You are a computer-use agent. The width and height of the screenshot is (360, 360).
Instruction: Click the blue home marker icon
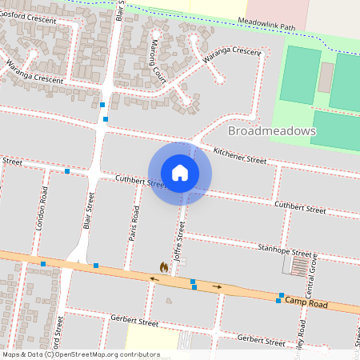(x=180, y=173)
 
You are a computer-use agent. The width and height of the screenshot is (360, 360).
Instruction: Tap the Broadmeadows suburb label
(x=271, y=130)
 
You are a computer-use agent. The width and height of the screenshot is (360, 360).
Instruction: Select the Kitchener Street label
(x=239, y=155)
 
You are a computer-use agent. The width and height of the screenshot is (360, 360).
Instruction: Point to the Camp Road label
(x=306, y=302)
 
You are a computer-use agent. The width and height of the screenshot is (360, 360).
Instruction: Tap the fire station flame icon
(x=164, y=268)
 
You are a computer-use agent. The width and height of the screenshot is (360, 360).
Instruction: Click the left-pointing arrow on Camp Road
(x=154, y=278)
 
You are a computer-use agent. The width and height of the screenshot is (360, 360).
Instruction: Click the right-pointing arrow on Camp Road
(x=217, y=286)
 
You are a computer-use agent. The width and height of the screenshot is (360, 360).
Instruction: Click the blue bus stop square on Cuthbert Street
(x=67, y=171)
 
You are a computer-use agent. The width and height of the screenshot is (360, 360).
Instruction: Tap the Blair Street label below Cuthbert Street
(x=89, y=211)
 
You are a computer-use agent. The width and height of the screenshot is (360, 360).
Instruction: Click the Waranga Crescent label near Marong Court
(x=231, y=58)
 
